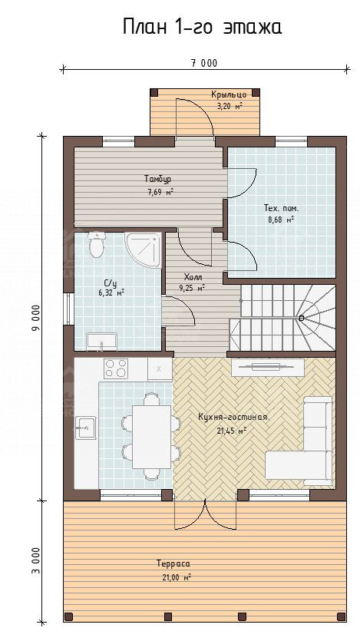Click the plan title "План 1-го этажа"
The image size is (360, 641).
(x=203, y=28)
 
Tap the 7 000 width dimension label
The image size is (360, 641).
(x=204, y=63)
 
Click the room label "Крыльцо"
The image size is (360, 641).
(x=229, y=94)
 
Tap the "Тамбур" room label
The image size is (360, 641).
(x=157, y=179)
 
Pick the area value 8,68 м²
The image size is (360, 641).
(x=281, y=220)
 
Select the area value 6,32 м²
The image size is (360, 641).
(x=111, y=292)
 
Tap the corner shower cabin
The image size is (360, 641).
(x=143, y=249)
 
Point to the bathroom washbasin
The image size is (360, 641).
(x=101, y=342)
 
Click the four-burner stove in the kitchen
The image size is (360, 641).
(x=116, y=368)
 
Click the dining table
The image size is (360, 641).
(x=152, y=437)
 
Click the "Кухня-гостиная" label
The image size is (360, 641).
(x=233, y=418)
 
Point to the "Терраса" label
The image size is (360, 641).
(x=173, y=563)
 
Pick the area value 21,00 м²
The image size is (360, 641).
(x=177, y=577)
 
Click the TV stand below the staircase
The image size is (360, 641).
(x=268, y=367)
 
